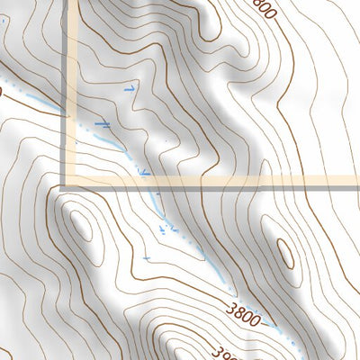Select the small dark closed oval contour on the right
pos(286,255)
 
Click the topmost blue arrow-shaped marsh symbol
pos(132,89)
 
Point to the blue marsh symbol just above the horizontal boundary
pos(145,169)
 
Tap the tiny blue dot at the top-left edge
pos(2,89)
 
